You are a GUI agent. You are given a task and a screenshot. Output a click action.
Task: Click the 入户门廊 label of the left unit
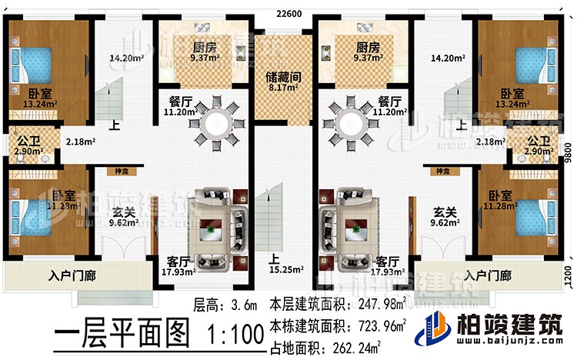pyautogui.click(x=72, y=276)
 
